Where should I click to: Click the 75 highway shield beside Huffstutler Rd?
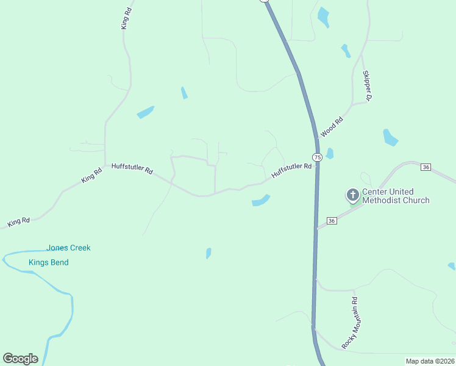point(316,157)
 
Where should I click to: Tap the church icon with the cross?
point(352,195)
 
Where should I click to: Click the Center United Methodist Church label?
point(396,196)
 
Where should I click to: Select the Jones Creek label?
point(68,248)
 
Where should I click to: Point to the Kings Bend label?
point(49,262)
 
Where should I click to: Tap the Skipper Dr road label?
point(367,85)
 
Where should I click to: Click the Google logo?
point(20,359)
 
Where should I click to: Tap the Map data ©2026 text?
point(430,361)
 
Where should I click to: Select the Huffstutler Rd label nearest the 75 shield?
point(287,169)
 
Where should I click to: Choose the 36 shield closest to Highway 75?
point(332,220)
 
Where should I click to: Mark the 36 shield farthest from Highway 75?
point(426,167)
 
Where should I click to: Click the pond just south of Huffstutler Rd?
point(260,201)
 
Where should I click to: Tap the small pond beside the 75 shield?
point(330,153)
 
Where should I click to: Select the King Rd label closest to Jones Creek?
point(20,221)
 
